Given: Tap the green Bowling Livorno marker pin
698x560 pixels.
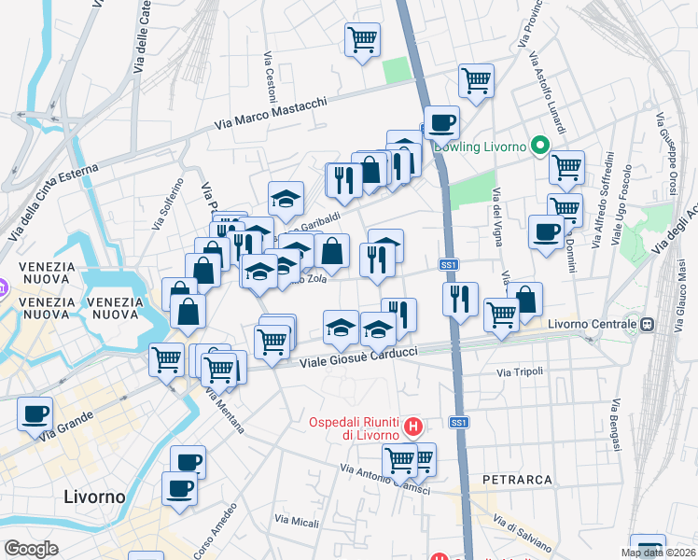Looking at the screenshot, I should (x=538, y=146).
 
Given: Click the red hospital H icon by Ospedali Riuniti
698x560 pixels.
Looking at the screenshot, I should (x=415, y=428).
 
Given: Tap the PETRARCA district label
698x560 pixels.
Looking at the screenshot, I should (x=518, y=480).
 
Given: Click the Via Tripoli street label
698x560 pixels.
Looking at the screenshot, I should (x=519, y=372).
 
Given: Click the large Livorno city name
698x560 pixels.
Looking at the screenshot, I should (x=94, y=497).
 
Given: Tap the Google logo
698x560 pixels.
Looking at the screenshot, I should (x=32, y=549).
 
